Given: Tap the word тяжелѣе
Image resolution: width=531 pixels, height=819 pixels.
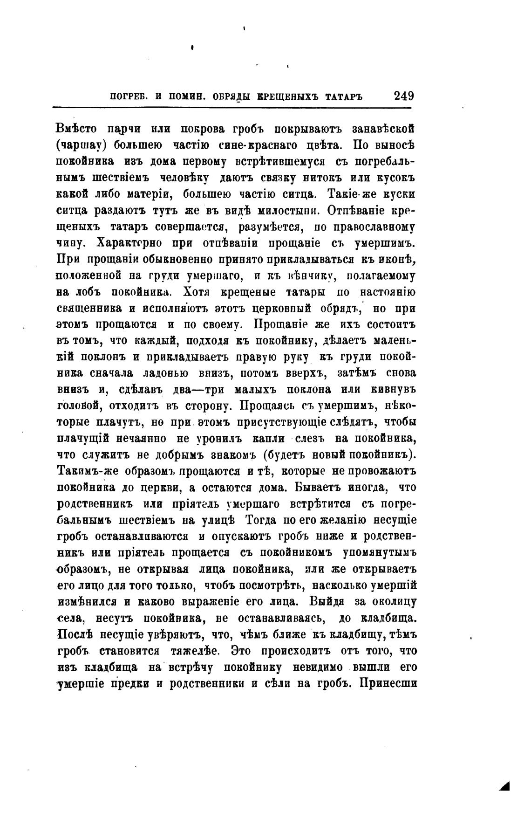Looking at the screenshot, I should click(199, 650).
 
